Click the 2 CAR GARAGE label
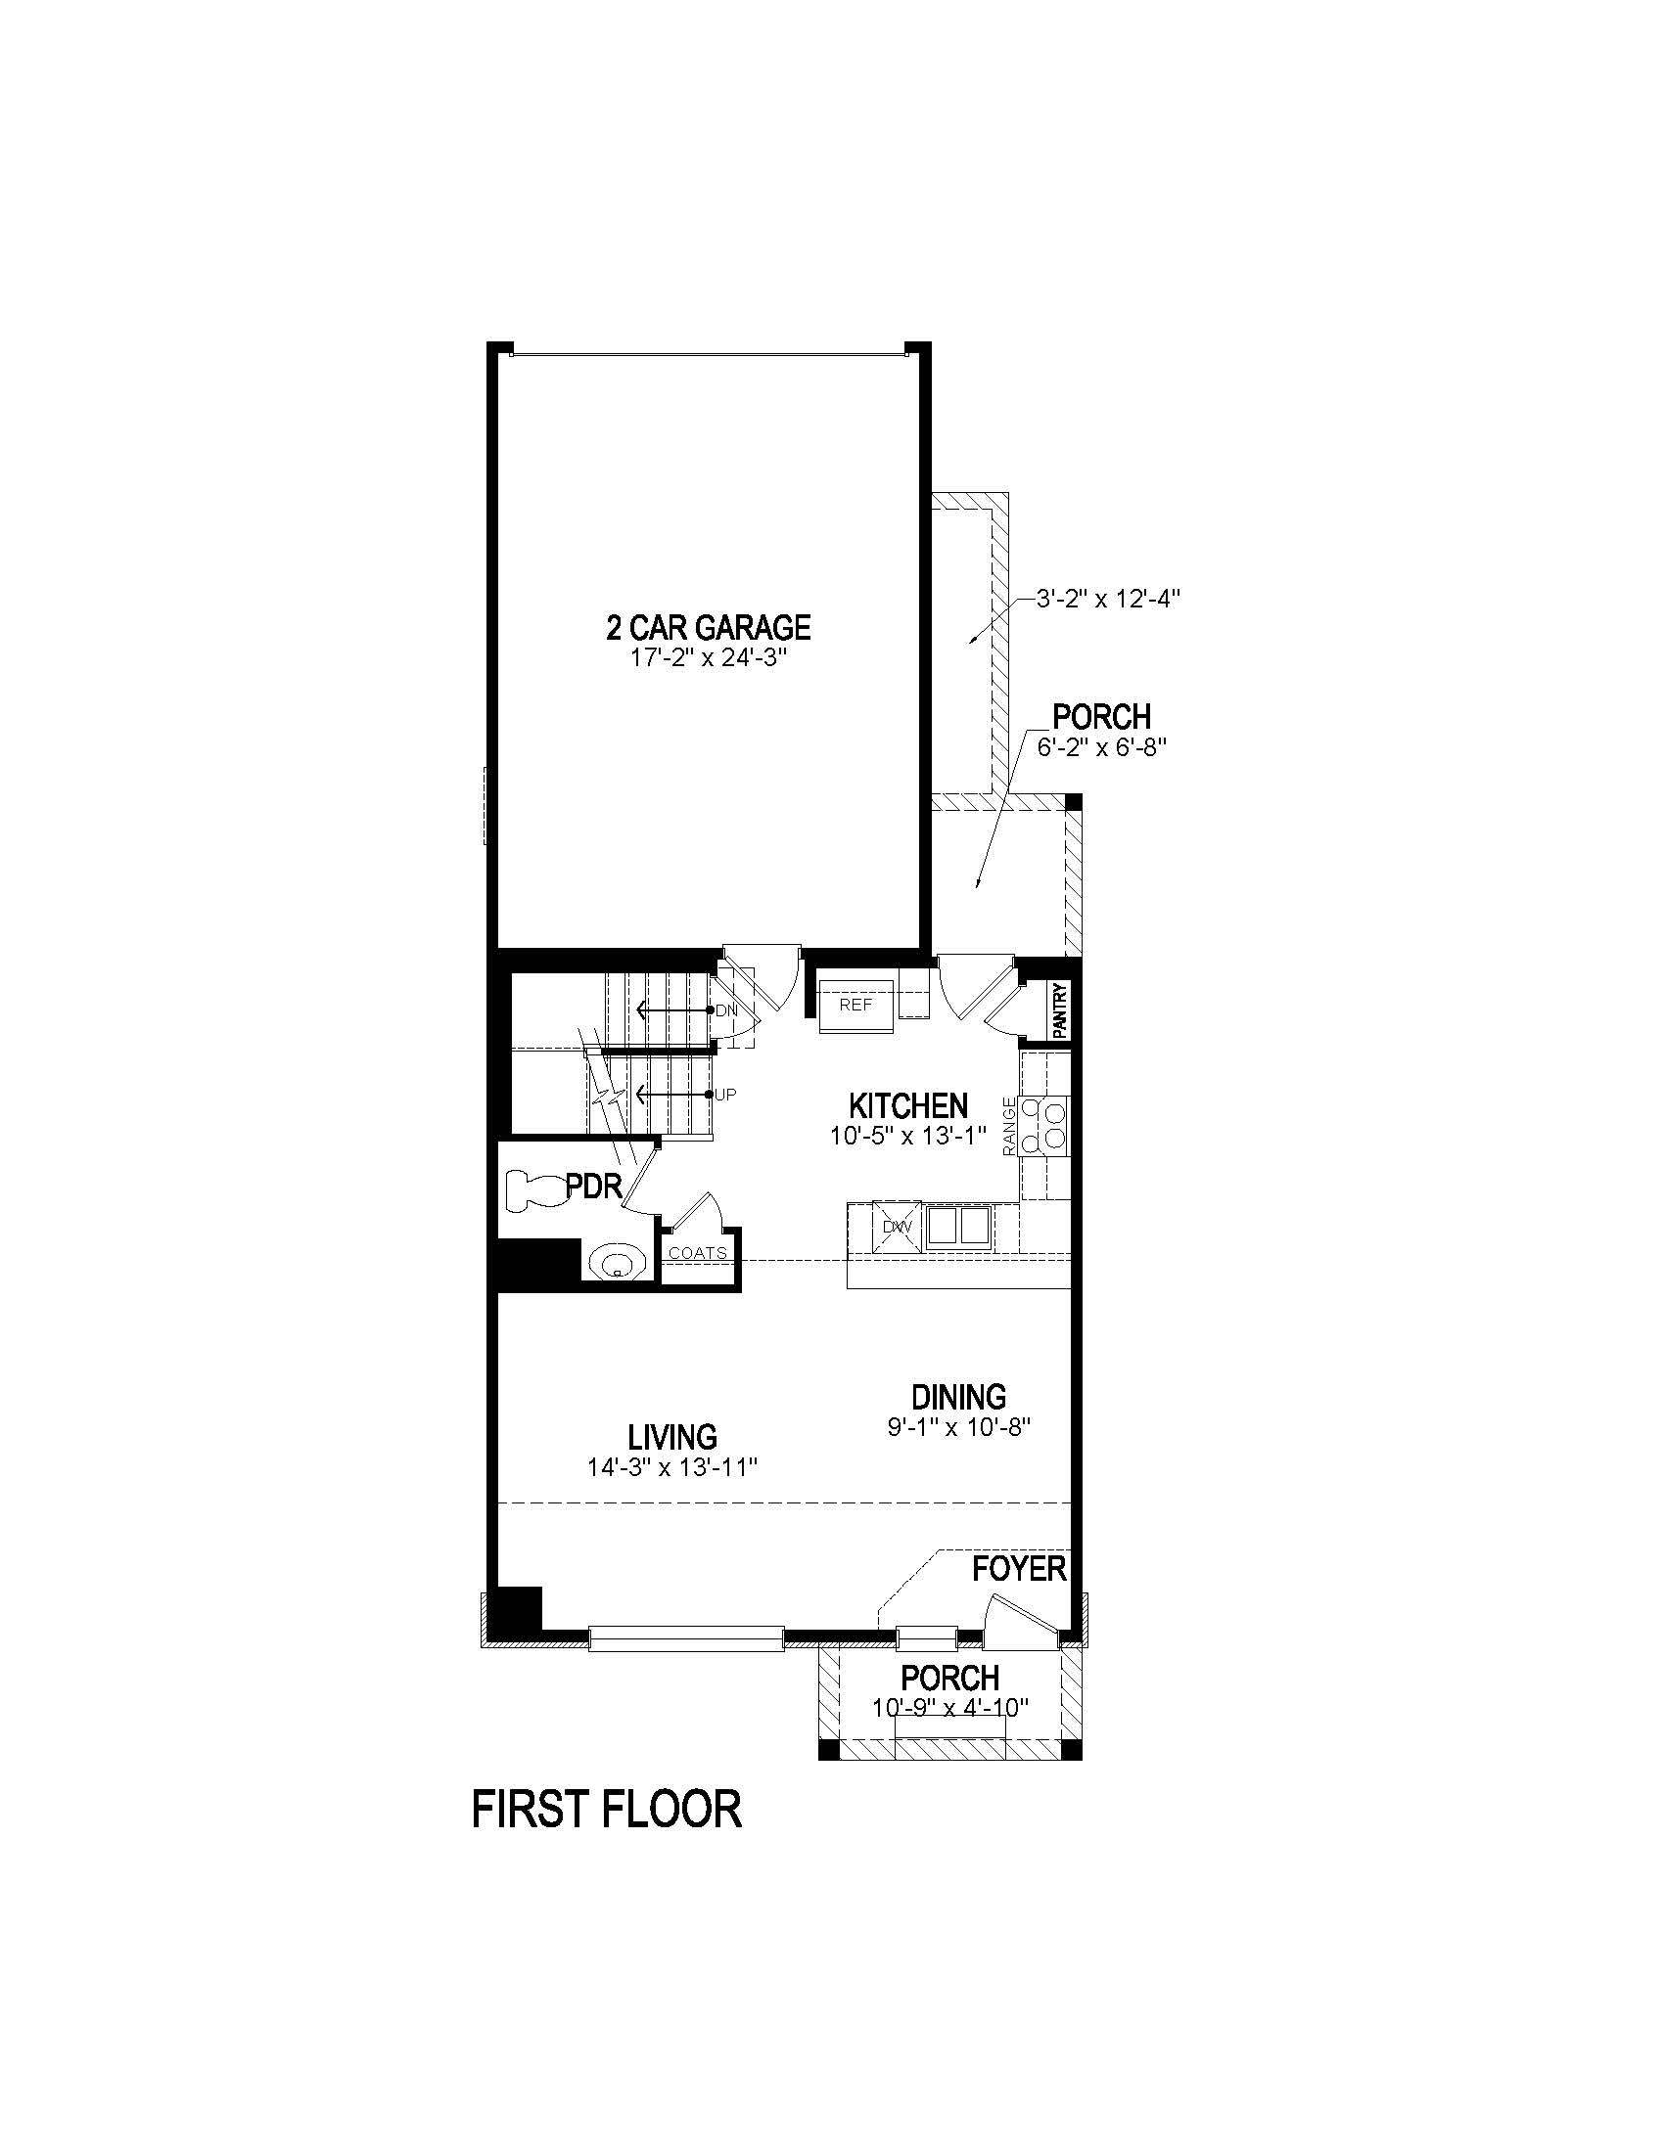pos(708,627)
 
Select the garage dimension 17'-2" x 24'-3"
pos(708,658)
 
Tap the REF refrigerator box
pos(855,1005)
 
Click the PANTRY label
pos(1060,1010)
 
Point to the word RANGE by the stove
pos(1009,1126)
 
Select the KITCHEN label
pos(908,1105)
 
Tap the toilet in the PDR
pos(533,1189)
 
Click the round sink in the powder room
pos(616,1261)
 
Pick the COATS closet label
pos(697,1253)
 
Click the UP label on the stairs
pos(724,1095)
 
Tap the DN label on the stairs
pos(725,1011)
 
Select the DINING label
pos(958,1396)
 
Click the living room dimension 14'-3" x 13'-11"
pos(672,1467)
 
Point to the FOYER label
pos(1019,1569)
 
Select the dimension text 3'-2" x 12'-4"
pos(1106,598)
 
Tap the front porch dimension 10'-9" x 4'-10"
pos(950,1707)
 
